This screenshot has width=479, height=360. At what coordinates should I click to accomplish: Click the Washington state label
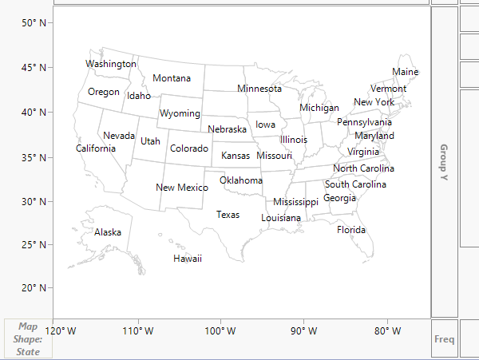click(x=111, y=64)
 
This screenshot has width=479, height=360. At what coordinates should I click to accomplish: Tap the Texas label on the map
click(x=228, y=215)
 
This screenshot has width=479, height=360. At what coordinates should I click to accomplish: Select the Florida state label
click(x=351, y=230)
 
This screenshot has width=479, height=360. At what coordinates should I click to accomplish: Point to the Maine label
click(x=405, y=73)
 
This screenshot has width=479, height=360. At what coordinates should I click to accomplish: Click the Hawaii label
click(x=188, y=259)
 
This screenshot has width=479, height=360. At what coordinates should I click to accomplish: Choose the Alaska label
click(x=108, y=232)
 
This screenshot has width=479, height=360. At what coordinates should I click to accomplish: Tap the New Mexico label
click(x=181, y=188)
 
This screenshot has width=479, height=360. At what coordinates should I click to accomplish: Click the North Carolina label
click(x=363, y=168)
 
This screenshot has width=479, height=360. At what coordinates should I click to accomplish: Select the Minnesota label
click(x=259, y=89)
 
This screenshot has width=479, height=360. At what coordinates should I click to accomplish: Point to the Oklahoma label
click(x=241, y=180)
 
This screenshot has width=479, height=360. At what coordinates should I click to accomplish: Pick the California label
click(x=96, y=148)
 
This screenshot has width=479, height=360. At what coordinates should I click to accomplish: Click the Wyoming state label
click(x=180, y=113)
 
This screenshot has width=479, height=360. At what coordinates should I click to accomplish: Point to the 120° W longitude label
click(x=61, y=330)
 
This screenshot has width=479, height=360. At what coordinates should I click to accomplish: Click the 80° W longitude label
click(x=386, y=330)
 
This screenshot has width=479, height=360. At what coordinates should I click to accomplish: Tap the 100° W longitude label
click(x=220, y=330)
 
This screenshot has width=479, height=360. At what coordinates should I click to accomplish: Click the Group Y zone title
click(x=444, y=163)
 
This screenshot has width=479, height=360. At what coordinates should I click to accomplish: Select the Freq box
click(x=445, y=339)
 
